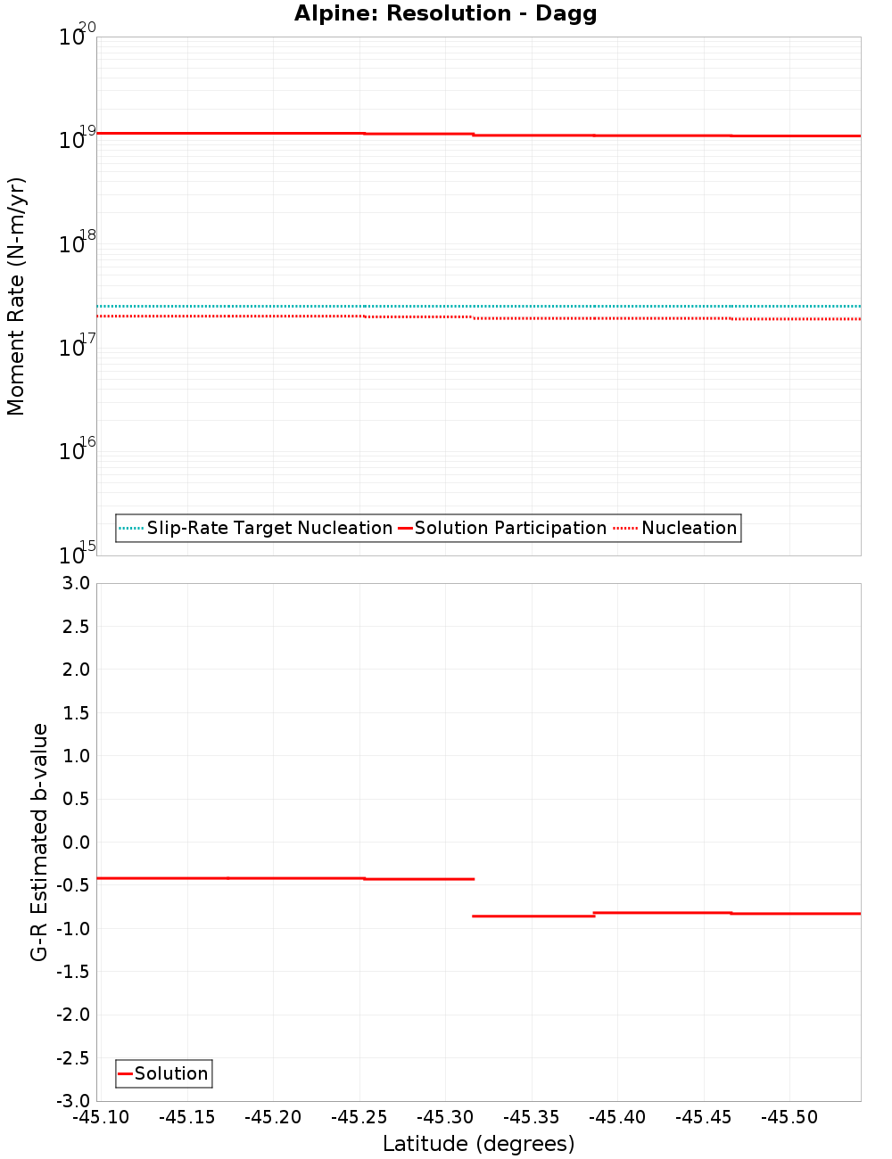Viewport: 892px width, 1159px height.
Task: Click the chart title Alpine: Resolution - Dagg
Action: coord(445,13)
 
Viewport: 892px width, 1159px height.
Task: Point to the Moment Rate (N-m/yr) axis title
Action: coord(16,296)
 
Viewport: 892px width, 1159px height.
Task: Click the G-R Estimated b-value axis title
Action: coord(39,842)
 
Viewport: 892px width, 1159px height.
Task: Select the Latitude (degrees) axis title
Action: coord(478,1144)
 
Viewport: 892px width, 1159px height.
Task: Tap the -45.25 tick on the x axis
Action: coord(359,1117)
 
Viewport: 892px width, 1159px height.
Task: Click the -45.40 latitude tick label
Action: coord(618,1117)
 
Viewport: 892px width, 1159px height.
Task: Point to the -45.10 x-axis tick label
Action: coord(101,1117)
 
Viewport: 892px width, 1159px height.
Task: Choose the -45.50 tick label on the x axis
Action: coord(789,1117)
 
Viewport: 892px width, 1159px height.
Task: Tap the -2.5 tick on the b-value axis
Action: coord(72,1058)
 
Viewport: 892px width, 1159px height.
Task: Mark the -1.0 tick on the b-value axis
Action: coord(72,928)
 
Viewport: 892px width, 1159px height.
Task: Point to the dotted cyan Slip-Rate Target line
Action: coord(535,306)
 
